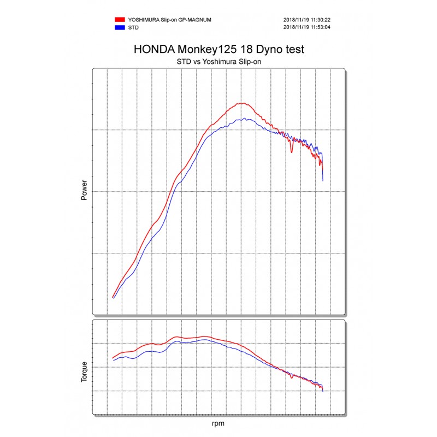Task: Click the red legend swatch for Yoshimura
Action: tap(119, 20)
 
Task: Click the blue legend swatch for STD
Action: tap(119, 26)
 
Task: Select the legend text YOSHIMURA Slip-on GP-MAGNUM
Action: tap(169, 20)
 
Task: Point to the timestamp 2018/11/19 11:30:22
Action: tap(307, 20)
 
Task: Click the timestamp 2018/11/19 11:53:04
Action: tap(307, 26)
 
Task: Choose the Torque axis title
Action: tap(84, 371)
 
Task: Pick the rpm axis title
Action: tap(218, 423)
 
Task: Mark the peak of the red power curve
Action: tap(242, 103)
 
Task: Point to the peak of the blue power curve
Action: tap(246, 119)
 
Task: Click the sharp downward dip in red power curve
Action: tap(291, 152)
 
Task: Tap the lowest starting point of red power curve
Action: tap(113, 298)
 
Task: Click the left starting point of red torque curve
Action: tap(113, 358)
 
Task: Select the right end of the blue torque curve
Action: tap(323, 391)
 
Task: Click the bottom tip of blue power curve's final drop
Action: tap(323, 181)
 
